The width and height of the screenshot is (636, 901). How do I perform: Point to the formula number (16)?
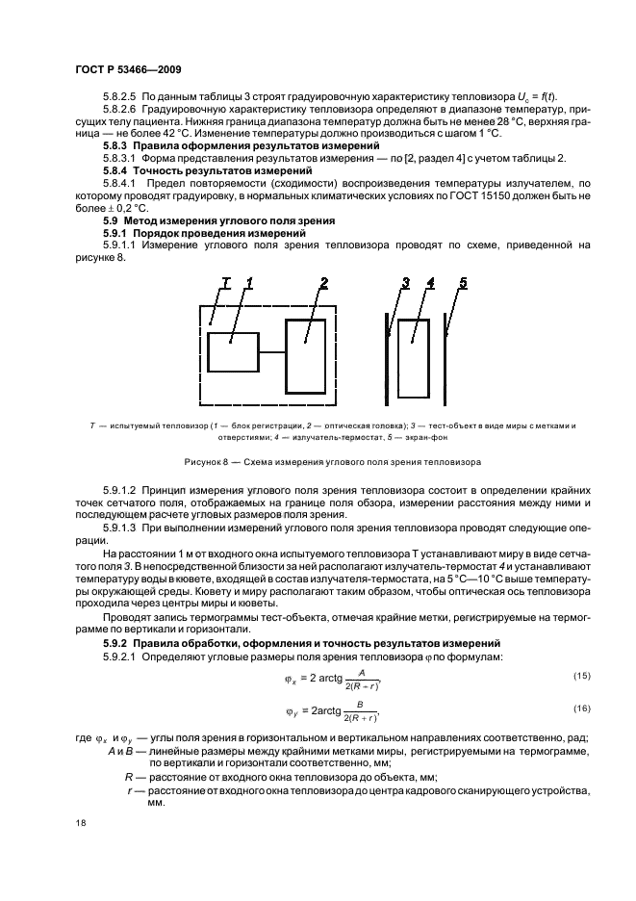coord(580,708)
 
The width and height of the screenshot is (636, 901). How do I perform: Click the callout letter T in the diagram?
coord(226,283)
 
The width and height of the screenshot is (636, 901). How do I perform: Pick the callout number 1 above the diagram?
coord(248,283)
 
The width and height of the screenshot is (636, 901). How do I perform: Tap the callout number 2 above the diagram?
coord(323,283)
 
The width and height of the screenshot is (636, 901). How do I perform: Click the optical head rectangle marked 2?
coord(305,352)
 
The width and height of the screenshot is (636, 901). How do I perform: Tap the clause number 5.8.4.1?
coord(121,181)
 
